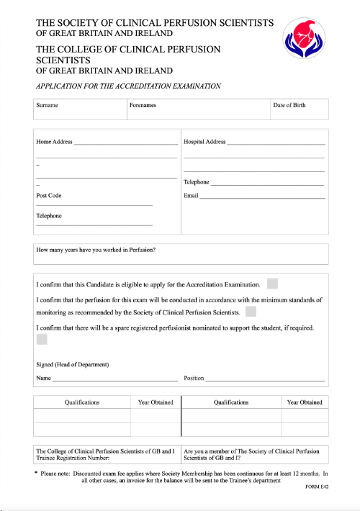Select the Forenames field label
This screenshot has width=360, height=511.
[x=143, y=105]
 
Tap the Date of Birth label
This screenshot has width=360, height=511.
[x=289, y=105]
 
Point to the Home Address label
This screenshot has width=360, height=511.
[x=55, y=142]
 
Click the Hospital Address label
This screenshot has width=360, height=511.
[x=204, y=142]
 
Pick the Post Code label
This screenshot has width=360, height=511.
[x=49, y=195]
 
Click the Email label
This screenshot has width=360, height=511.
[x=191, y=195]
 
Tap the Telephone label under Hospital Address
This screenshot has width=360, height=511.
[x=197, y=182]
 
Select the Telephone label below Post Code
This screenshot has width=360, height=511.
[x=49, y=216]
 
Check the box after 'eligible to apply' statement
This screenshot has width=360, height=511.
[x=272, y=284]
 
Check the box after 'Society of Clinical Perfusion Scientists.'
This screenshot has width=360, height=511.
[x=251, y=312]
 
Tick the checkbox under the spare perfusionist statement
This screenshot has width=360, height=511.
[x=42, y=340]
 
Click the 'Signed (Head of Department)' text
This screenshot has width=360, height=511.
[x=72, y=364]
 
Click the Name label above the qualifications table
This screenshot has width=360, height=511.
[x=44, y=378]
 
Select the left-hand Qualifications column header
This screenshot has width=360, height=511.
[x=82, y=402]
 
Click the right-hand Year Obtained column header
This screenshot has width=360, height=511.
[x=305, y=402]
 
